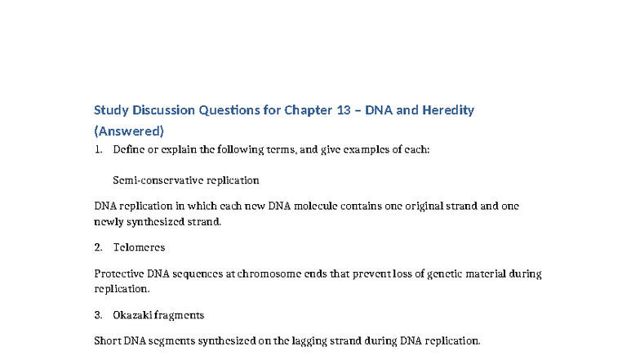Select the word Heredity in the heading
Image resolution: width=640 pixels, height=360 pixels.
448,110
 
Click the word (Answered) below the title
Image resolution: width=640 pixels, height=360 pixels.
129,131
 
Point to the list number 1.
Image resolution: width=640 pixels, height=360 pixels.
98,150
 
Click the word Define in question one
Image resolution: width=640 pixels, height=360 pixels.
129,150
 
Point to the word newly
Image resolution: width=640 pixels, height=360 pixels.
111,221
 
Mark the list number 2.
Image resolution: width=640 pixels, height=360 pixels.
98,247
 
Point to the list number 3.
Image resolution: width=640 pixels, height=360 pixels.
98,314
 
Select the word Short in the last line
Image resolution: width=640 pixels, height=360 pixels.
109,341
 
